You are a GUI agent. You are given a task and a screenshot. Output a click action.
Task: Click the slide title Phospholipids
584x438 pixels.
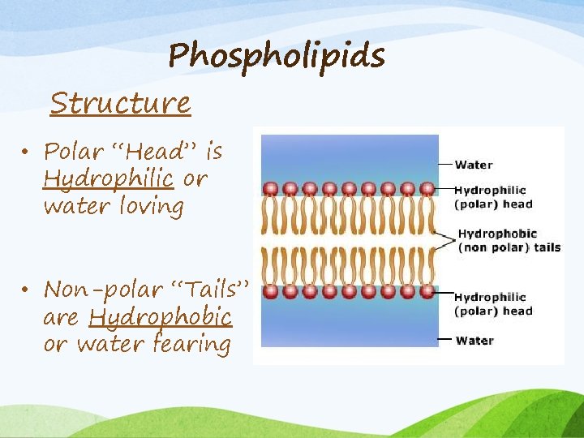tap(277, 56)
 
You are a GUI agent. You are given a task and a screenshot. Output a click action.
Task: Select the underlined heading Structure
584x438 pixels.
tap(120, 104)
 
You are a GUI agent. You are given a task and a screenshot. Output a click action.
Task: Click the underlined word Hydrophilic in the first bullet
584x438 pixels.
tap(108, 178)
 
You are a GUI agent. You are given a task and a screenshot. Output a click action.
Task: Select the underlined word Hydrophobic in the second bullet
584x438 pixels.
tap(161, 316)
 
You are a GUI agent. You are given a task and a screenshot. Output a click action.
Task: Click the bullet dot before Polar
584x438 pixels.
tap(27, 152)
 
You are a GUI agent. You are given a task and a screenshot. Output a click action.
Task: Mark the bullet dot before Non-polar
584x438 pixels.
tap(27, 290)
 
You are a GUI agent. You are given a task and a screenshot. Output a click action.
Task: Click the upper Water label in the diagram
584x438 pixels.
tap(474, 165)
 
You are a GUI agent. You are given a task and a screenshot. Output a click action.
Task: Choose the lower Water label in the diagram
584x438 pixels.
tap(474, 340)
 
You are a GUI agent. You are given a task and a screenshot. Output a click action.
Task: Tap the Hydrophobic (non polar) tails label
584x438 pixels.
tap(509, 241)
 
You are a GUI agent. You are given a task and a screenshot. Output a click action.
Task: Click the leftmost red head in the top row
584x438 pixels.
tap(271, 189)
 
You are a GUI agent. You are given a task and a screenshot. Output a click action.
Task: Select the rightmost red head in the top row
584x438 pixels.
tap(427, 189)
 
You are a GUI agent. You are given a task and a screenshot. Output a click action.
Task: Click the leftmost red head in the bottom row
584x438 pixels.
tap(271, 291)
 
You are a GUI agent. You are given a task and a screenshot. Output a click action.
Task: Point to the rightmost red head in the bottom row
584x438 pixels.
tap(427, 291)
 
